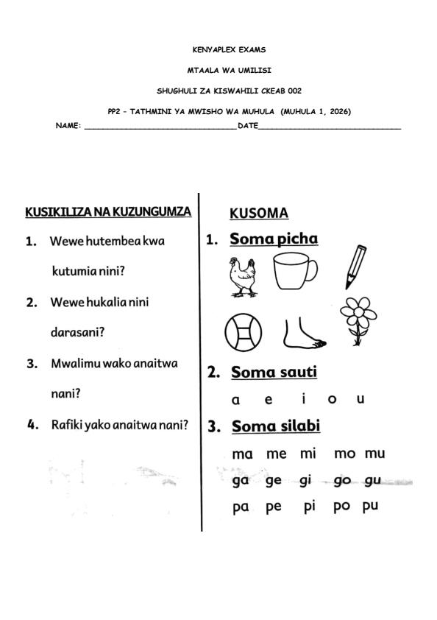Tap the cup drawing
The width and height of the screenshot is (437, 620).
click(x=295, y=271)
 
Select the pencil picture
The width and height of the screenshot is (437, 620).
click(x=355, y=267)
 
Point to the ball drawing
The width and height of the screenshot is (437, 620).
click(x=241, y=332)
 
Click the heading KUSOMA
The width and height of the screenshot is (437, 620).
click(x=259, y=214)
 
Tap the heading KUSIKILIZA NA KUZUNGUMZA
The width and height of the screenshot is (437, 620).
click(x=108, y=212)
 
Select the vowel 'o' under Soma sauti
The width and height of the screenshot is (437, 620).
click(x=332, y=399)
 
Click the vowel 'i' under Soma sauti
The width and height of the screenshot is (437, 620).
click(x=304, y=399)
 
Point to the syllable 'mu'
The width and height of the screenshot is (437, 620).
click(x=374, y=454)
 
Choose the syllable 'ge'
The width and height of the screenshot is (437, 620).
click(x=273, y=482)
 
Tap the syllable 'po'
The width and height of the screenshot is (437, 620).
click(x=341, y=507)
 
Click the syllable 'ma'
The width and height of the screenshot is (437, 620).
click(x=242, y=454)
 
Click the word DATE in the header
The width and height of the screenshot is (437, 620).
click(x=247, y=126)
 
